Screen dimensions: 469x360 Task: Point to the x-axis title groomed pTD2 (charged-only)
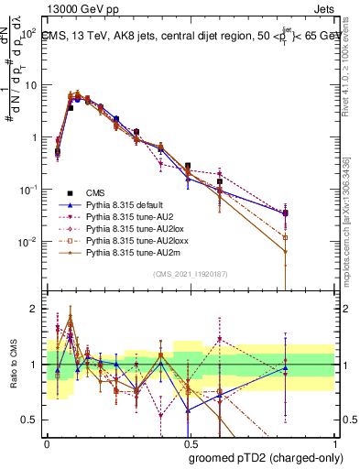[265, 457]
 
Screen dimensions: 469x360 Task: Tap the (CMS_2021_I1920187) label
[190, 273]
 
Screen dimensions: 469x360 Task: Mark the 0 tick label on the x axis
[47, 442]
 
